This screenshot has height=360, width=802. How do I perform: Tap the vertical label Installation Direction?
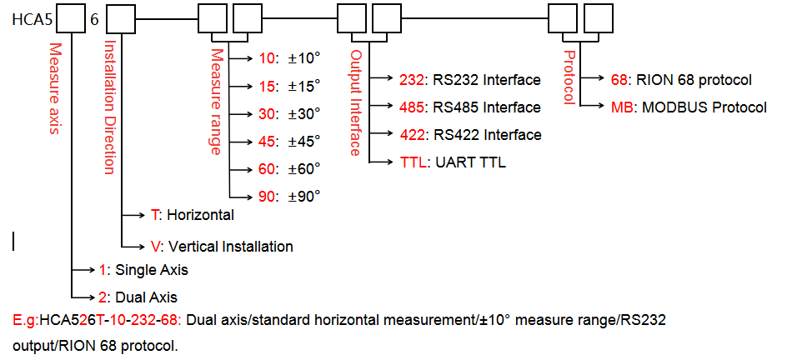tap(108, 107)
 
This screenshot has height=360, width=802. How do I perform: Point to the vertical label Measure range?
tap(216, 101)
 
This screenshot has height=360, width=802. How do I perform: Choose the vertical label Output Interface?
tap(356, 102)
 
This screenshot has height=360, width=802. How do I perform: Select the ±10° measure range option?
tap(289, 59)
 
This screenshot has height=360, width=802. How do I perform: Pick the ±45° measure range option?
tap(289, 141)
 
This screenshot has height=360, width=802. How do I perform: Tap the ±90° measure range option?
tap(289, 196)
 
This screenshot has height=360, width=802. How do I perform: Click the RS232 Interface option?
tap(469, 80)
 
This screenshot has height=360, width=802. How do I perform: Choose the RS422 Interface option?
tap(469, 135)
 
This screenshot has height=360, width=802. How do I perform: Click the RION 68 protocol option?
tap(681, 80)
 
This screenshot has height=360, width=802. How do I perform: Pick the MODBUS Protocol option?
tap(689, 107)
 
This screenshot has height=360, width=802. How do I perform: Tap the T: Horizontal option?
tap(192, 215)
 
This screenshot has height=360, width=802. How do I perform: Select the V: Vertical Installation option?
tap(221, 247)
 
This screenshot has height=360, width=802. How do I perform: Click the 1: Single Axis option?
tap(143, 269)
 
